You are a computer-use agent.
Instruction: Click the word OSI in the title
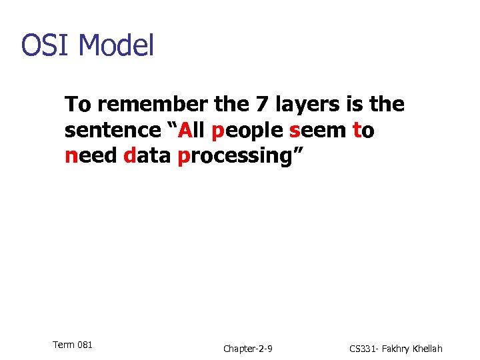pos(46,45)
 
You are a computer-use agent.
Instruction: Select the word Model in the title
pos(116,45)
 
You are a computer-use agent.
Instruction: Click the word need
pos(91,156)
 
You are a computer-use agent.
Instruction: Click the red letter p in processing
pos(183,159)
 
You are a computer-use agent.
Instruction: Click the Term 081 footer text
pos(72,345)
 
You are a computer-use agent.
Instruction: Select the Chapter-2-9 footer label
pos(247,349)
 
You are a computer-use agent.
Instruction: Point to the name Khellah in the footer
pos(424,349)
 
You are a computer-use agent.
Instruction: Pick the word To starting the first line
pos(77,105)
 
